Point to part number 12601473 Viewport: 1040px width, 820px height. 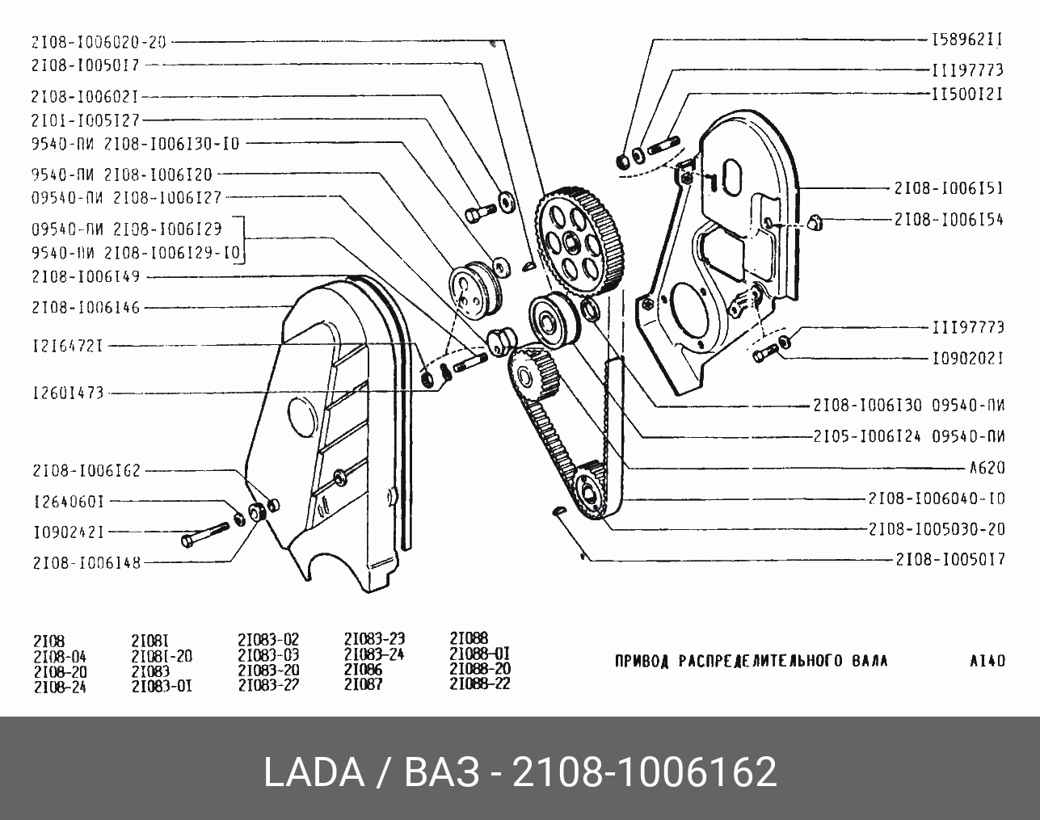click(x=68, y=393)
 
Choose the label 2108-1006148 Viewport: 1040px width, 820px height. click(x=86, y=563)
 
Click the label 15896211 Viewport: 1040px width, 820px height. click(x=966, y=39)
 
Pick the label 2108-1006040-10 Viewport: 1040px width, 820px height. click(x=937, y=498)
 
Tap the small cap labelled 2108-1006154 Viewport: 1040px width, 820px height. click(x=815, y=221)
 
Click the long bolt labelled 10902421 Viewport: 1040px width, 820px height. click(x=205, y=534)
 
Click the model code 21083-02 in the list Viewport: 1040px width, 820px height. click(x=268, y=638)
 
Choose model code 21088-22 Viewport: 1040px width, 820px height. click(x=479, y=683)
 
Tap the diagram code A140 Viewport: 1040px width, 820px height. click(x=987, y=660)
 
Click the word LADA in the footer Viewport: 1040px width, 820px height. click(x=314, y=772)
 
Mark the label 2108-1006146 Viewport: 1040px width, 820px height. click(x=86, y=307)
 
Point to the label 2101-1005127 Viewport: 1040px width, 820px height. click(x=85, y=120)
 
